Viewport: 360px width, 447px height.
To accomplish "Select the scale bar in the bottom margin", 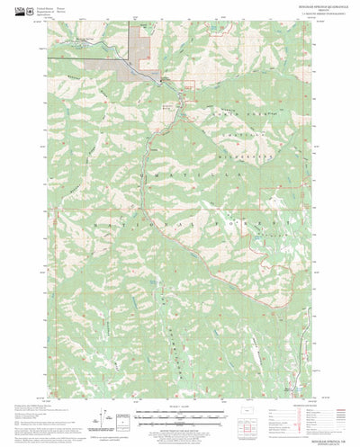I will [179, 416].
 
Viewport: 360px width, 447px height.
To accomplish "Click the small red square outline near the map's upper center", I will [190, 86].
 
